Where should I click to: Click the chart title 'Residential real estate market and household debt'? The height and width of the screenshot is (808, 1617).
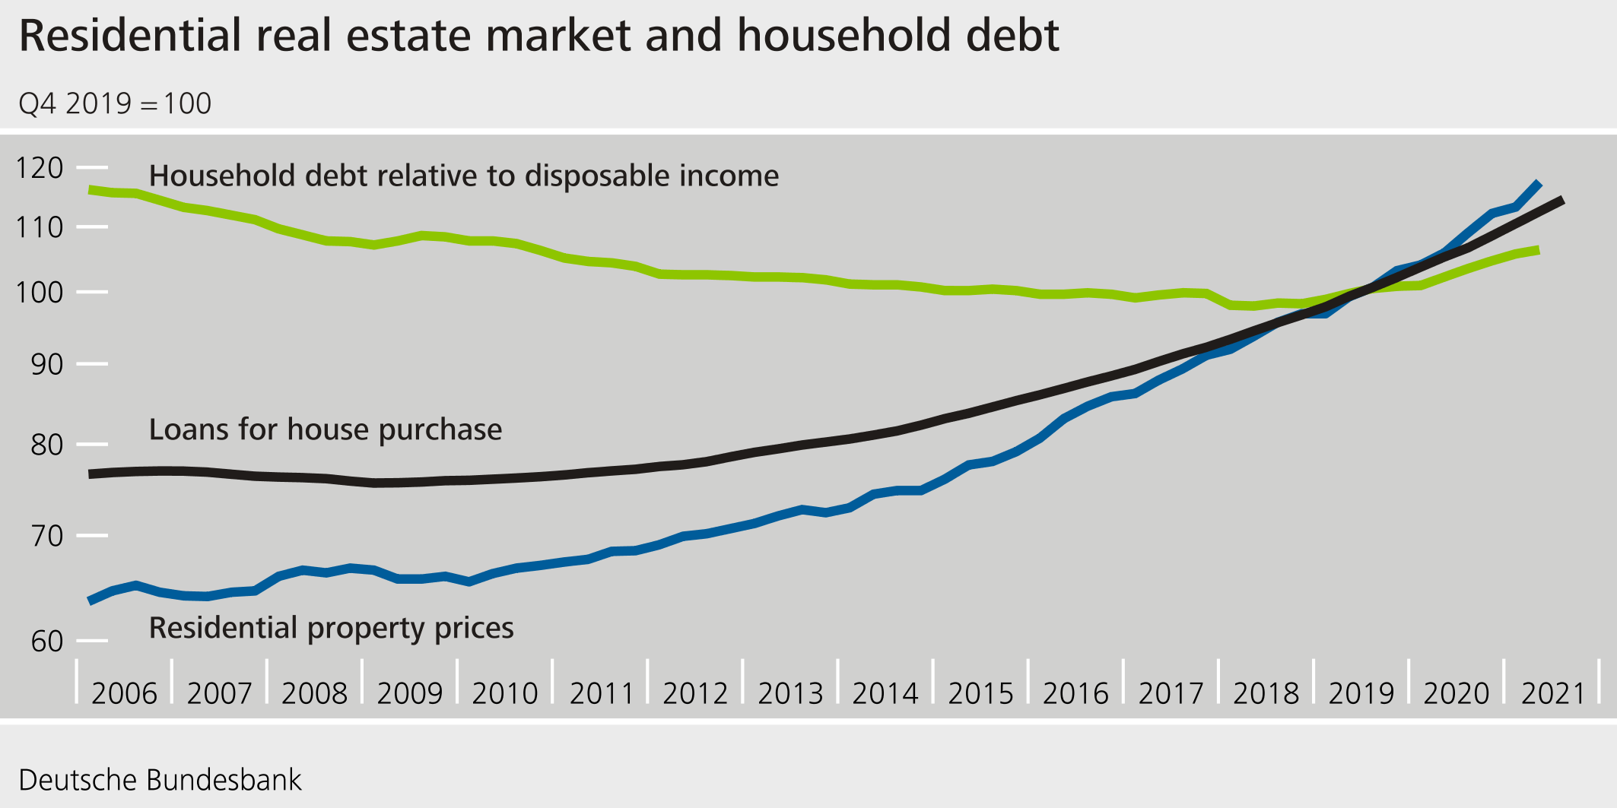(x=538, y=36)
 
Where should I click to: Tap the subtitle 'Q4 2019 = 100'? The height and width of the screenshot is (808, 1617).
(x=115, y=103)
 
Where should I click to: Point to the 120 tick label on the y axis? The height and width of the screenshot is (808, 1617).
(x=40, y=167)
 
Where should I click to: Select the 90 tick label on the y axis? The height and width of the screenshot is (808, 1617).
(x=46, y=364)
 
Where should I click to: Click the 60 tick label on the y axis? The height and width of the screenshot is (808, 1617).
(x=46, y=642)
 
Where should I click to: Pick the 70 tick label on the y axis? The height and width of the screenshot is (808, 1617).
(x=46, y=536)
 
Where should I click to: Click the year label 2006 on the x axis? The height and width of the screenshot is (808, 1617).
(x=124, y=693)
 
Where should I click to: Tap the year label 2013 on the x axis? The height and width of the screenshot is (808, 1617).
(x=790, y=693)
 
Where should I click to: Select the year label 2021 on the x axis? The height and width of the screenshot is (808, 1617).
(x=1552, y=693)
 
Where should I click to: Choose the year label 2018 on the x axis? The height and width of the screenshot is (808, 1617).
(x=1266, y=693)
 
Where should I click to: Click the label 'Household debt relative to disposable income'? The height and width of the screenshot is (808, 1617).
(x=463, y=176)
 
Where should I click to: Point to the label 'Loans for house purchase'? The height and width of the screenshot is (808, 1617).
(x=325, y=429)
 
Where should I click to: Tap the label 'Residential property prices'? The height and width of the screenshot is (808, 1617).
(x=331, y=628)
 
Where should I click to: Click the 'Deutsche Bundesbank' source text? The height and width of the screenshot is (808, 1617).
(x=160, y=781)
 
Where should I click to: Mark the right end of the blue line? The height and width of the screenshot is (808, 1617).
(x=1539, y=183)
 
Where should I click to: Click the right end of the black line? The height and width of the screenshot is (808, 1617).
(x=1561, y=200)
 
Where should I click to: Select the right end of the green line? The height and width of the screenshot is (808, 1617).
(x=1538, y=250)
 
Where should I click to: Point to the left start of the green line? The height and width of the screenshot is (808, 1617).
(x=91, y=189)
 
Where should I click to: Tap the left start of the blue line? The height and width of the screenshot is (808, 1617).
(x=91, y=600)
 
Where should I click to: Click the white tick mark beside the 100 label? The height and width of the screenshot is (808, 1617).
(x=92, y=292)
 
